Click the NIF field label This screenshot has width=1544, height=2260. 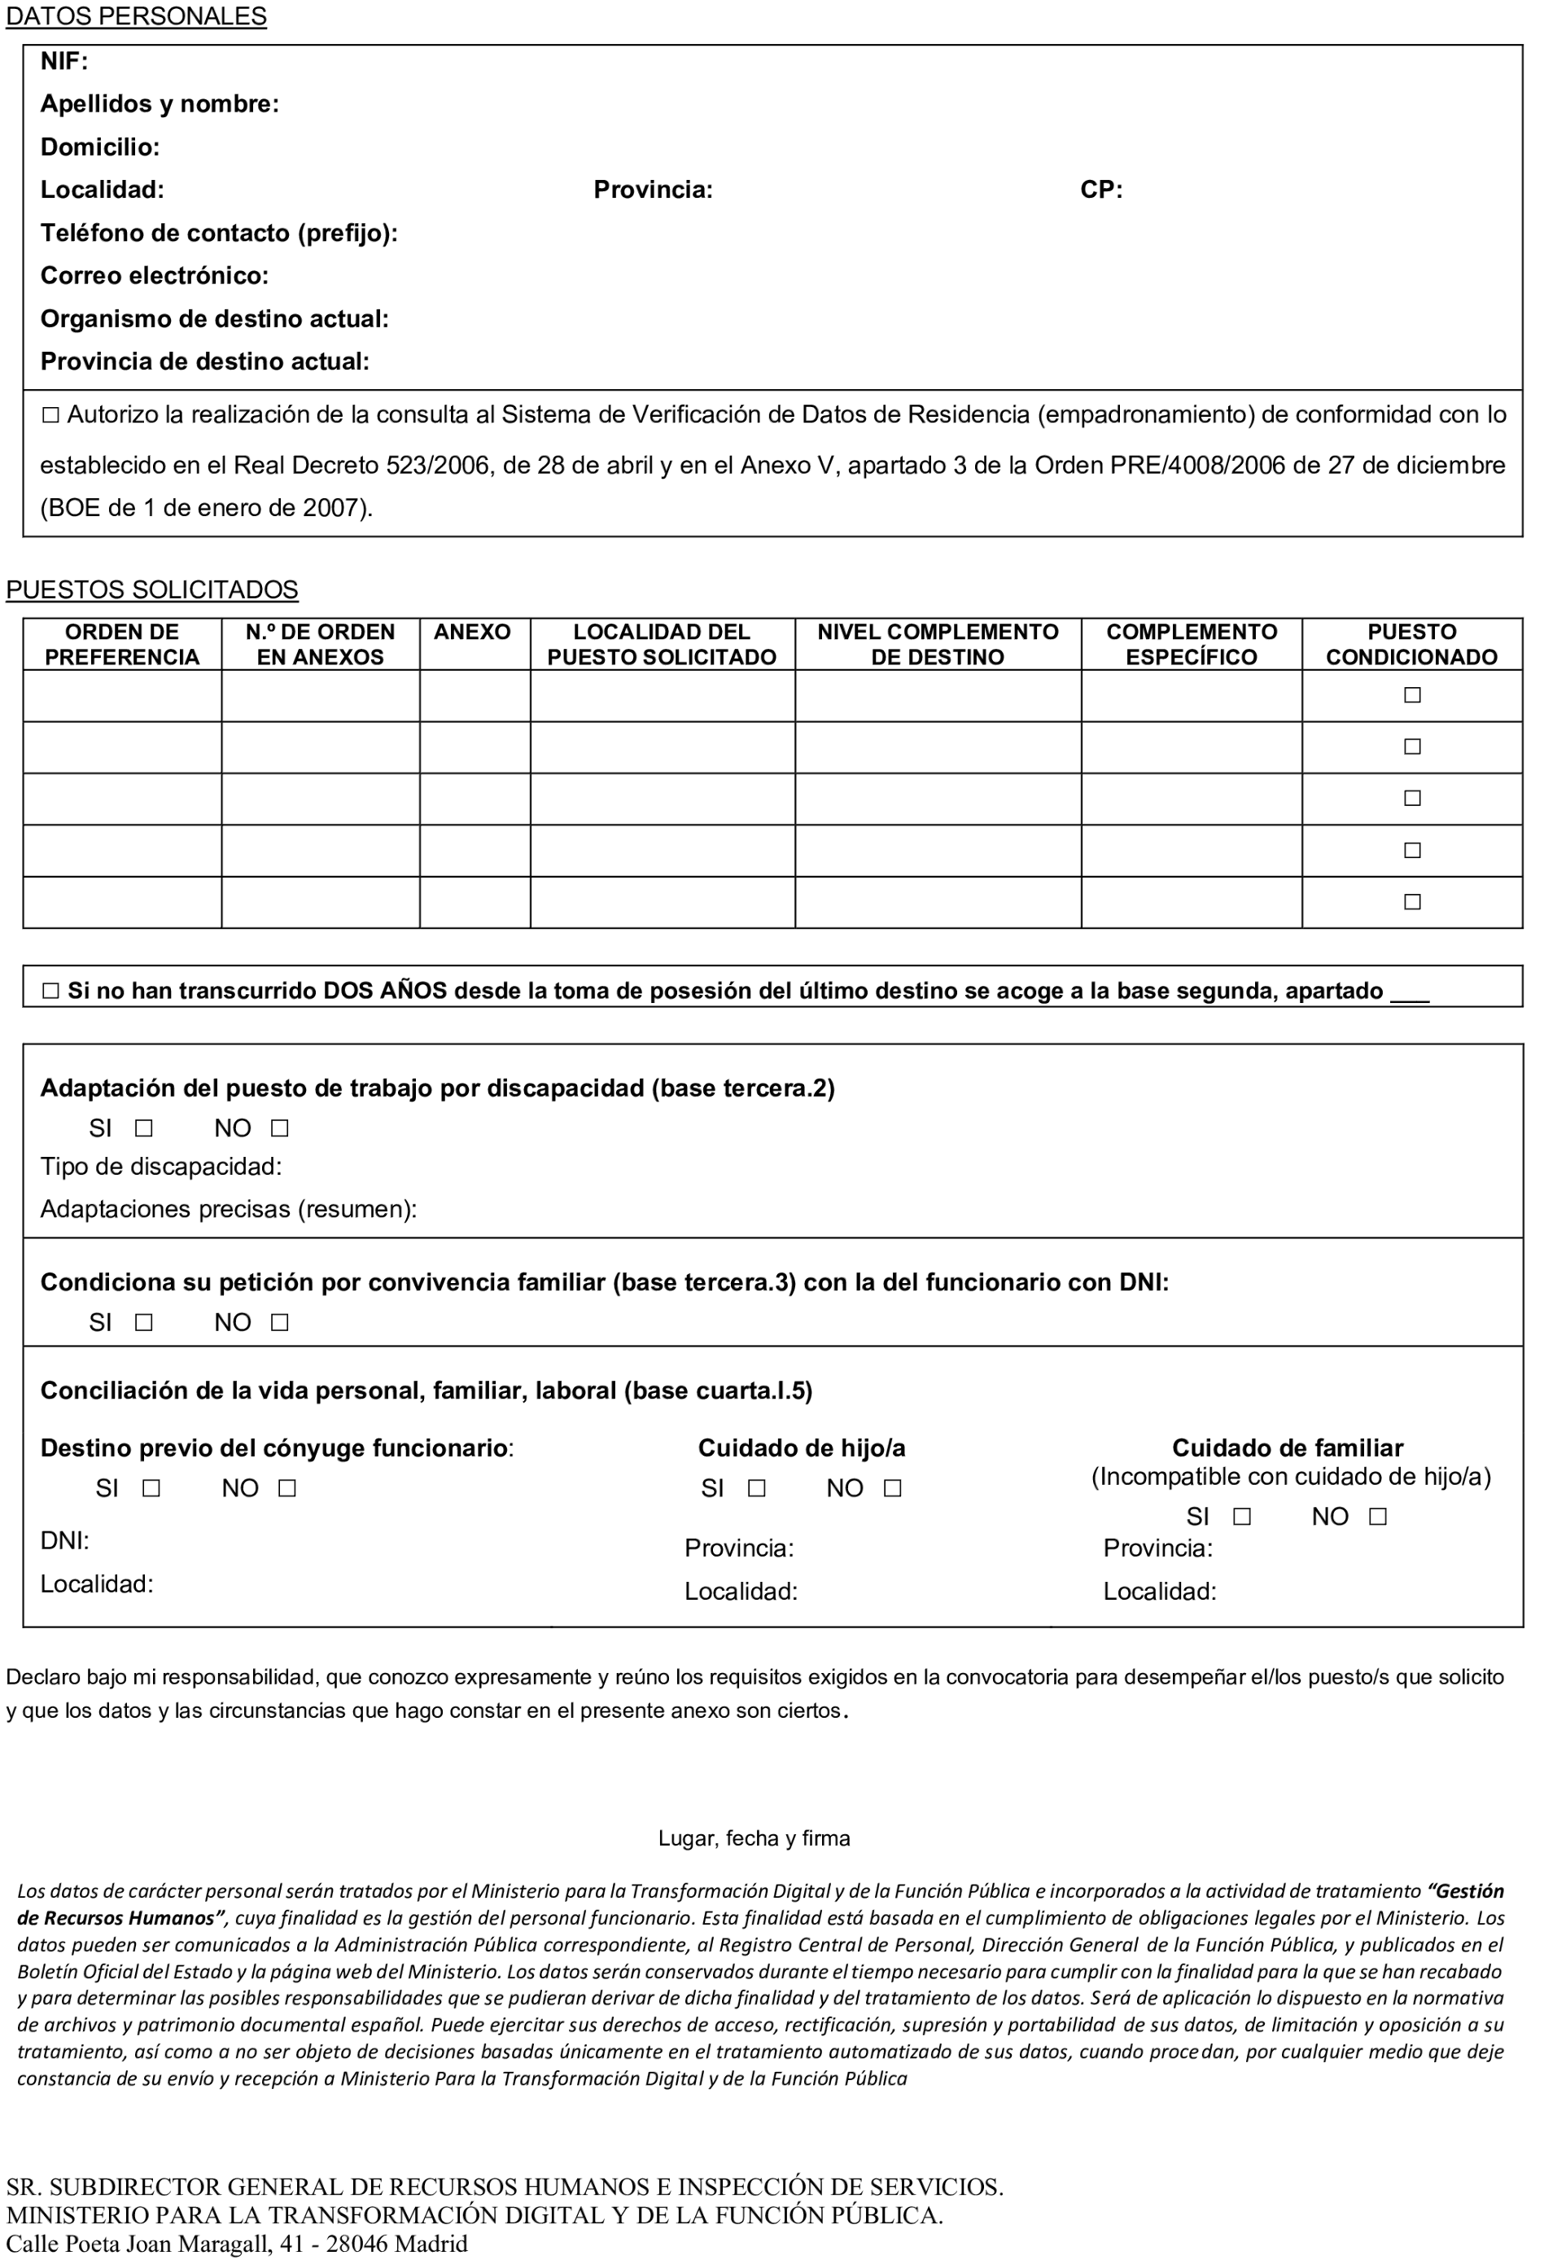(64, 61)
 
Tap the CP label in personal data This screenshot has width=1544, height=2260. (1100, 190)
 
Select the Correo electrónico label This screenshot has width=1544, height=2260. (154, 275)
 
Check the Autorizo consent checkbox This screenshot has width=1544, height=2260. (50, 415)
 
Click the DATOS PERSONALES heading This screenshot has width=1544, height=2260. (136, 16)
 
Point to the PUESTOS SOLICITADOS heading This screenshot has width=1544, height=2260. (151, 589)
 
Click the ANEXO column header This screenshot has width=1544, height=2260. (473, 632)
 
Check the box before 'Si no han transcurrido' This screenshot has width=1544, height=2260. (50, 991)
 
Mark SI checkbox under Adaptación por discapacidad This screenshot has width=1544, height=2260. (144, 1128)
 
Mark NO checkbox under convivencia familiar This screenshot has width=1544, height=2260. (280, 1323)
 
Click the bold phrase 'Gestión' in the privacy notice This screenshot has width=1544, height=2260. (1468, 1891)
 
